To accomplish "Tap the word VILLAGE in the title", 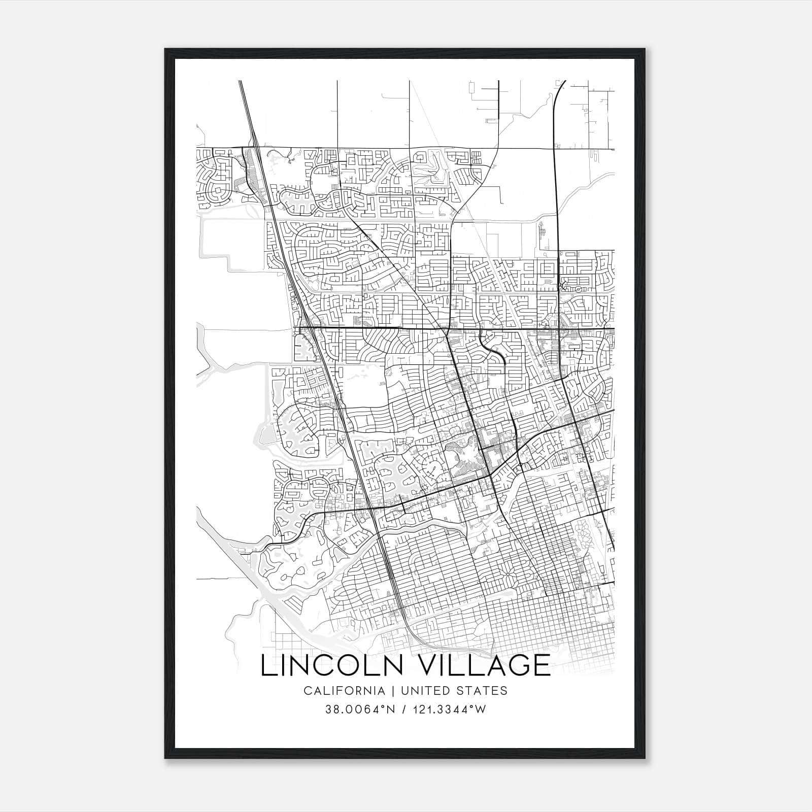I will [x=485, y=665].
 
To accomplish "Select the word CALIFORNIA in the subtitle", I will [x=344, y=691].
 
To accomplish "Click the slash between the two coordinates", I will [x=404, y=709].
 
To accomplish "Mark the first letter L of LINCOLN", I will [x=267, y=665].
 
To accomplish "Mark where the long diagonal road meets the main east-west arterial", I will [x=445, y=329].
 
